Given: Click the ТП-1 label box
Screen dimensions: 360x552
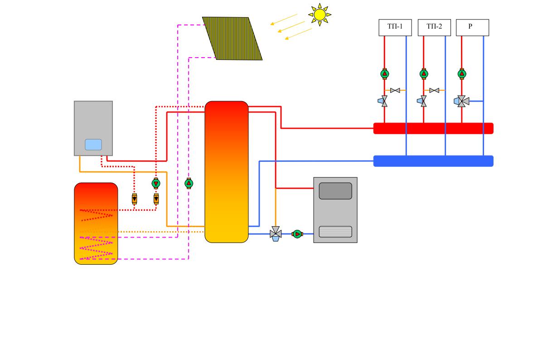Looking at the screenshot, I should [x=395, y=27].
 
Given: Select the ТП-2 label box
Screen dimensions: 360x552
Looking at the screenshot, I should [x=434, y=27].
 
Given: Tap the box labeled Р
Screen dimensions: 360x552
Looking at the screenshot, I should [x=472, y=27].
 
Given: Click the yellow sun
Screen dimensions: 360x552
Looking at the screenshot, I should [x=320, y=15].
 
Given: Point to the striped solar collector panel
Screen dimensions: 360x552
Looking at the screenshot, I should [x=232, y=39].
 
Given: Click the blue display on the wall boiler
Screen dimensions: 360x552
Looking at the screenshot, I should [x=93, y=145].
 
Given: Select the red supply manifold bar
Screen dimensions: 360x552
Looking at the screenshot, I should [x=433, y=128].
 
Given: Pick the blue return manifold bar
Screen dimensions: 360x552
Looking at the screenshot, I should [x=433, y=161].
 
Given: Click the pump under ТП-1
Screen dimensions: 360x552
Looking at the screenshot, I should [x=385, y=73].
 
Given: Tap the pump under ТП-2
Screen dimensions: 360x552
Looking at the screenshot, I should [x=424, y=73].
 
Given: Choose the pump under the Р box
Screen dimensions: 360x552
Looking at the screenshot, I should [x=462, y=73].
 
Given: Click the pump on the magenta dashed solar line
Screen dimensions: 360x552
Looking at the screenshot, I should [x=189, y=183].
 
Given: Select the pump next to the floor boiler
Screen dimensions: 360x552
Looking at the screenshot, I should [x=297, y=234].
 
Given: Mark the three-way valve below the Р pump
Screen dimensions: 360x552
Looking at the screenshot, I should [x=461, y=102].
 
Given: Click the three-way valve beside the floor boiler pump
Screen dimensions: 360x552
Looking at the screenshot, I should [x=276, y=234].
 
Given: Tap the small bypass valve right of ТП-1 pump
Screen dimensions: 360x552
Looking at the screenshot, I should [x=395, y=91].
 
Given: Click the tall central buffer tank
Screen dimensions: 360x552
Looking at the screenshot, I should [x=227, y=172].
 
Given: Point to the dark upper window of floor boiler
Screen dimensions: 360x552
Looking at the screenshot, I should [x=335, y=191].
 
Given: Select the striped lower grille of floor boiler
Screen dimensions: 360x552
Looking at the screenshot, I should [x=335, y=232].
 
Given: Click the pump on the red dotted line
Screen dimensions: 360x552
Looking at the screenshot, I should [x=156, y=183].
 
